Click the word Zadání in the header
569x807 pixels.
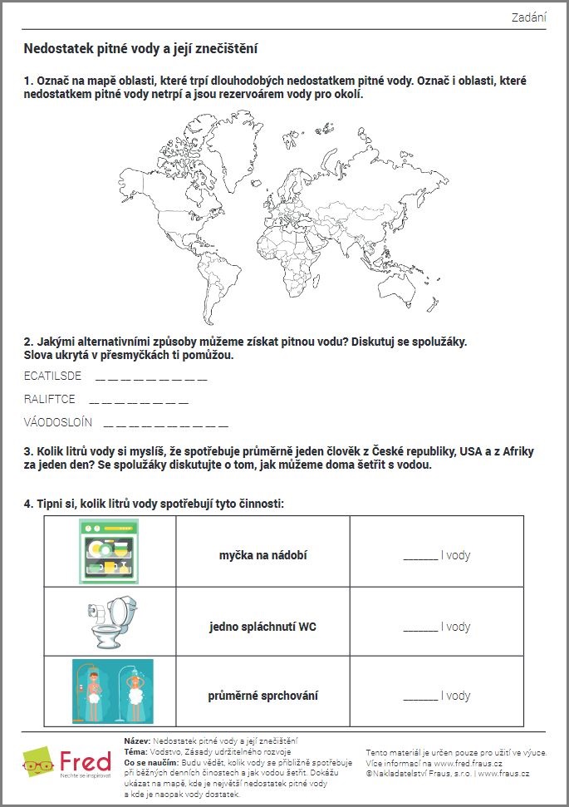pos(528,17)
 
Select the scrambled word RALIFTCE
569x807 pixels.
pos(50,400)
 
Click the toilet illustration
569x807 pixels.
pos(110,622)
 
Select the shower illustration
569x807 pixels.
pos(110,691)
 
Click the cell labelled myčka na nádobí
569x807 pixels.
pos(262,554)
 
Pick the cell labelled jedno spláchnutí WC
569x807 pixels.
pos(262,626)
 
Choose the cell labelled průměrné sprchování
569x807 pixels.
pos(262,696)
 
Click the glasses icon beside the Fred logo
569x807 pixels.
pos(39,764)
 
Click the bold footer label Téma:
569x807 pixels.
pos(135,751)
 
